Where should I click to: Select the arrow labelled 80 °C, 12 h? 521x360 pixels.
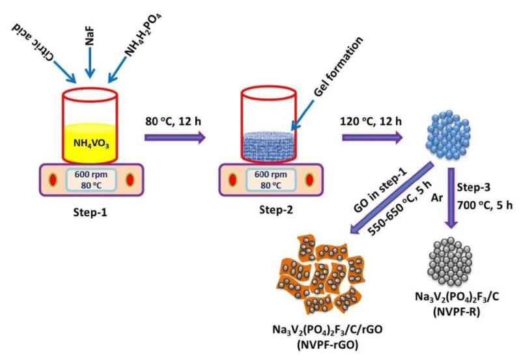coord(175,137)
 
